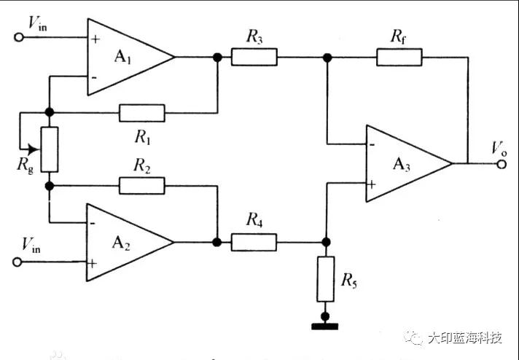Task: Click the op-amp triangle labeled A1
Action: click(x=124, y=57)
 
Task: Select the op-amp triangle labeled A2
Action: click(x=124, y=241)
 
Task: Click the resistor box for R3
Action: click(x=254, y=57)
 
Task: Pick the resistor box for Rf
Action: click(x=399, y=57)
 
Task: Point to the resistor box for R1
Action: click(x=142, y=113)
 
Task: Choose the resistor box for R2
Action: click(x=142, y=185)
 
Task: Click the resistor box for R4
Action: click(x=254, y=241)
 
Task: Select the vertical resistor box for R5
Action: click(x=326, y=279)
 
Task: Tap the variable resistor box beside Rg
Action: click(x=50, y=149)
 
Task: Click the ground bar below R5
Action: click(x=326, y=326)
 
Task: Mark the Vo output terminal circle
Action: click(x=502, y=164)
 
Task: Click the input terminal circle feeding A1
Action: click(x=19, y=36)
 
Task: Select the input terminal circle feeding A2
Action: click(x=19, y=262)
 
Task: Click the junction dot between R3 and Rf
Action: click(x=327, y=57)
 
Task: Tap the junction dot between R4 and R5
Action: click(x=326, y=241)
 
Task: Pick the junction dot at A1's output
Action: click(x=216, y=57)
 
